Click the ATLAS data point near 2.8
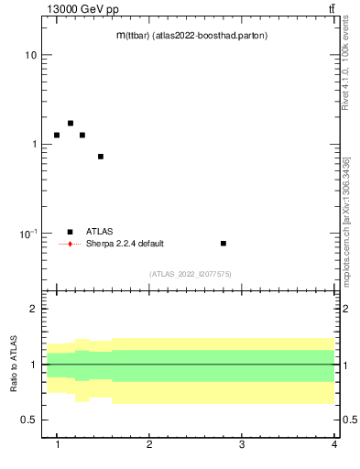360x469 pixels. pyautogui.click(x=224, y=244)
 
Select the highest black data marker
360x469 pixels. pyautogui.click(x=71, y=123)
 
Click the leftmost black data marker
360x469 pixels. pyautogui.click(x=57, y=135)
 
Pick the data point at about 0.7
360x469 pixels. pyautogui.click(x=101, y=157)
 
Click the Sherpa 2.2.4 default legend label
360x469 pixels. pyautogui.click(x=125, y=244)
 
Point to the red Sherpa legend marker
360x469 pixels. pyautogui.click(x=70, y=244)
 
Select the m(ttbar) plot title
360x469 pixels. pyautogui.click(x=191, y=36)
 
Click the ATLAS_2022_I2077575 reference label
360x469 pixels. pyautogui.click(x=191, y=274)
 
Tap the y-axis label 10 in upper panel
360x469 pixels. pyautogui.click(x=29, y=55)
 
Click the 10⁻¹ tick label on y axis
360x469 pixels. pyautogui.click(x=27, y=234)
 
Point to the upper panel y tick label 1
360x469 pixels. pyautogui.click(x=33, y=145)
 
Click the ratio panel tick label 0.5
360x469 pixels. pyautogui.click(x=28, y=420)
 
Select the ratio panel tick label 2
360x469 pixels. pyautogui.click(x=33, y=309)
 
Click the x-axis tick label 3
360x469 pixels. pyautogui.click(x=242, y=444)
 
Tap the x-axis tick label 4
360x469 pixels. pyautogui.click(x=333, y=444)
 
